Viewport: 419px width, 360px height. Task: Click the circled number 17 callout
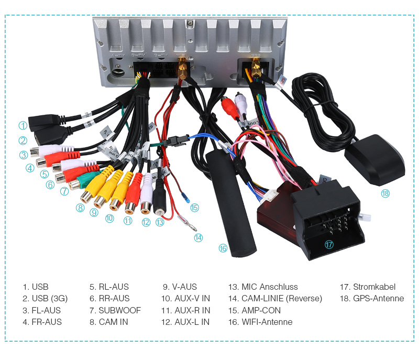pos(329,245)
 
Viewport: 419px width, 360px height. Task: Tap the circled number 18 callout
pos(385,193)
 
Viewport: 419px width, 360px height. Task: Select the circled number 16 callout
pos(223,248)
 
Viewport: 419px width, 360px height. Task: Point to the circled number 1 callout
pos(23,125)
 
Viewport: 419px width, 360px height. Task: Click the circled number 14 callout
pos(198,237)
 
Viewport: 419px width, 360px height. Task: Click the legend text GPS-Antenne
pos(378,299)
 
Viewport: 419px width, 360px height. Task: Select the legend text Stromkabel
pos(374,287)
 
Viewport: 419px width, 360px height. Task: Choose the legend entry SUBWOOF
pos(119,310)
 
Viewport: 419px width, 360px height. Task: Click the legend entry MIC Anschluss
pos(269,287)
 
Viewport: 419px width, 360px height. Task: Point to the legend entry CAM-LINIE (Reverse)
pos(281,299)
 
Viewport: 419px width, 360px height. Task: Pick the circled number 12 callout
pos(146,222)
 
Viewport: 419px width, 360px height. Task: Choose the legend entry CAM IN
pos(113,322)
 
